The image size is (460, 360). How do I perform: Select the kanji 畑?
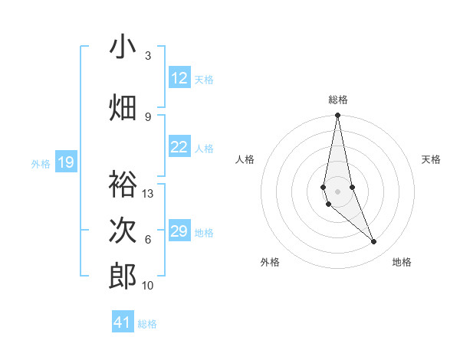pos(123,108)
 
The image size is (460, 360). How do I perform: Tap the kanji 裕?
pos(123,185)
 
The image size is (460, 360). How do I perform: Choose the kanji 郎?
pos(123,277)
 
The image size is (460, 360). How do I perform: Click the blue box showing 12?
pos(179,78)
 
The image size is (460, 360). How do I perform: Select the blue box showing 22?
pos(179,147)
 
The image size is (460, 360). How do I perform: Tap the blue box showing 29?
pos(179,231)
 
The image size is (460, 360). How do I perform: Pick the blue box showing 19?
pos(65,162)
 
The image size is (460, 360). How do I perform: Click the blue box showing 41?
pos(123,322)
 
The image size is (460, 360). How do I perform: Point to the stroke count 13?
pos(148,193)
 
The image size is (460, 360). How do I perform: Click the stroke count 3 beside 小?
pos(148,55)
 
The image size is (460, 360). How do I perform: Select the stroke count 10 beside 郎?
pos(148,285)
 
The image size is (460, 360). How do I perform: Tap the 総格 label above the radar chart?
pos(338,100)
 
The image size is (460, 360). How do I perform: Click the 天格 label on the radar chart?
pos(432,159)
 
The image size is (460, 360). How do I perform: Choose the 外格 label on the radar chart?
pos(270,262)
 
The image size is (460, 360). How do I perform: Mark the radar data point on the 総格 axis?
pos(337,116)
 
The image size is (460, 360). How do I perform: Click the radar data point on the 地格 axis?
pos(374,242)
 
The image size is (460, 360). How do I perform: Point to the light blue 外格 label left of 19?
pos(41,163)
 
